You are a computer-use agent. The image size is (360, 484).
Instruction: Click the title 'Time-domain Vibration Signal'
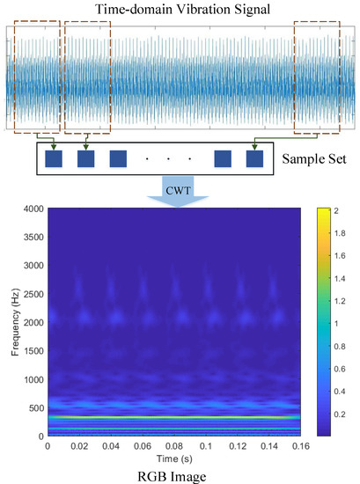[x=180, y=9]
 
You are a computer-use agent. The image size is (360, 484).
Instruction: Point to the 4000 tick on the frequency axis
[x=32, y=209]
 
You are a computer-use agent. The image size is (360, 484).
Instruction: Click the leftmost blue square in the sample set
[x=55, y=159]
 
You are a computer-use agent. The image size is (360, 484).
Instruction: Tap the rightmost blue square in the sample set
[x=255, y=159]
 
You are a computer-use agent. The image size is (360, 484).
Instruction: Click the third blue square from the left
[x=118, y=159]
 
